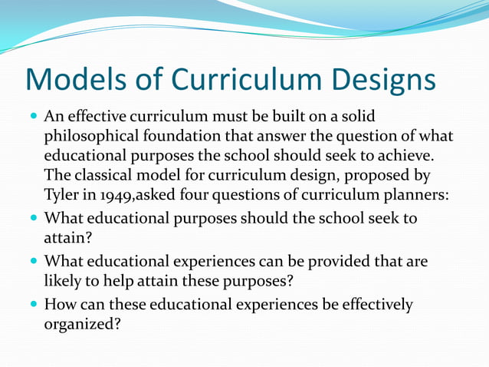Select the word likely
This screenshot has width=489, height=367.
click(x=64, y=281)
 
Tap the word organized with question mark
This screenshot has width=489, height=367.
click(x=83, y=324)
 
